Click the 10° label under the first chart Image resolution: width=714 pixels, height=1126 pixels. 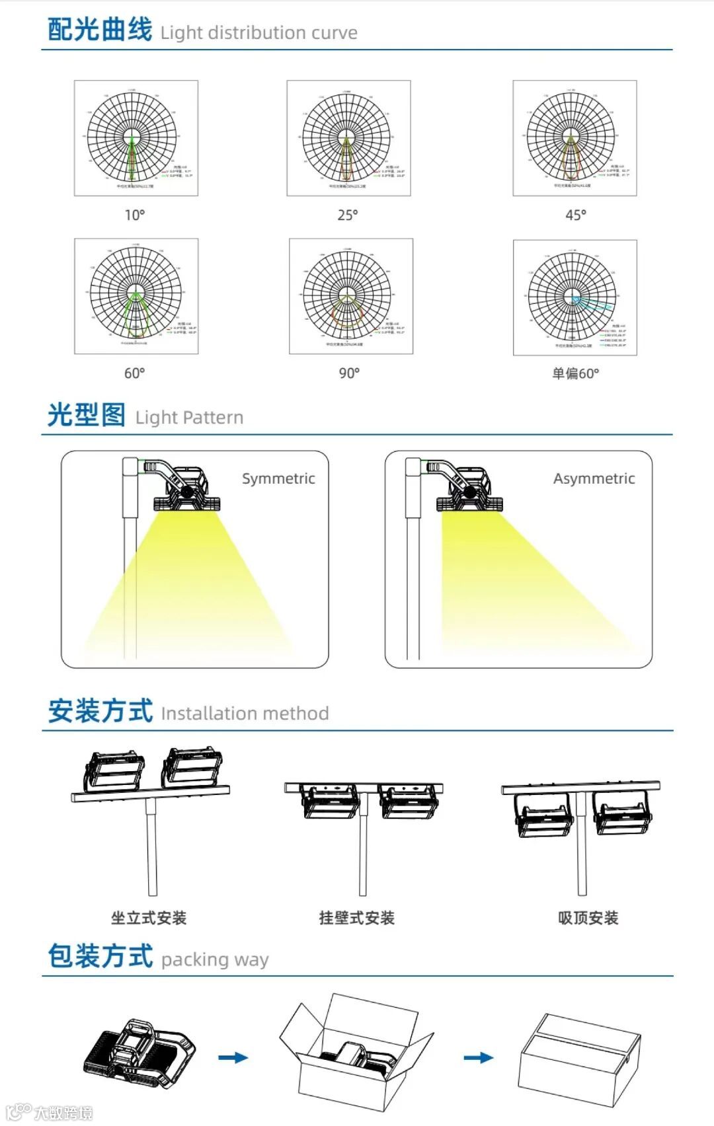coord(135,215)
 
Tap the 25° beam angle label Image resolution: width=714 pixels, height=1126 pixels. coord(348,215)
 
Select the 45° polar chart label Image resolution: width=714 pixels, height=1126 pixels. coord(575,215)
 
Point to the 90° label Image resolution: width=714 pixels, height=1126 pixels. coord(349,373)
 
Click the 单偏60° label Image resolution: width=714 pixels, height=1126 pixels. coord(575,373)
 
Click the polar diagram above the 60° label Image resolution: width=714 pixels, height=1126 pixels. coord(136,296)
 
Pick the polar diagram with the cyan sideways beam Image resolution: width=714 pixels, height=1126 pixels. coord(575,297)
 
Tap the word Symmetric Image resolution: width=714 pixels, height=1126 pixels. coord(278,478)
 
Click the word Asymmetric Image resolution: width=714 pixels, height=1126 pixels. coord(594,478)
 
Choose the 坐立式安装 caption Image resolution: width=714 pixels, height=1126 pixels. coord(149,918)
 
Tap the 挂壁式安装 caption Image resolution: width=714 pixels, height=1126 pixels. coord(356,918)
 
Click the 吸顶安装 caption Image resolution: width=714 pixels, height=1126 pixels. coord(588,918)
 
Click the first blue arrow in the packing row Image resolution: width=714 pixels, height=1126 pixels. coord(233,1058)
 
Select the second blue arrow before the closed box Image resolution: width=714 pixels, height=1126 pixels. coord(478,1058)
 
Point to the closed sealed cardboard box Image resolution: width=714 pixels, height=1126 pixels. coord(580,1059)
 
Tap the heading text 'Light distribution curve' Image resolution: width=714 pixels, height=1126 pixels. coord(258,32)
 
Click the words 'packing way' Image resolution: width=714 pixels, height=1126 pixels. coord(215,959)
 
